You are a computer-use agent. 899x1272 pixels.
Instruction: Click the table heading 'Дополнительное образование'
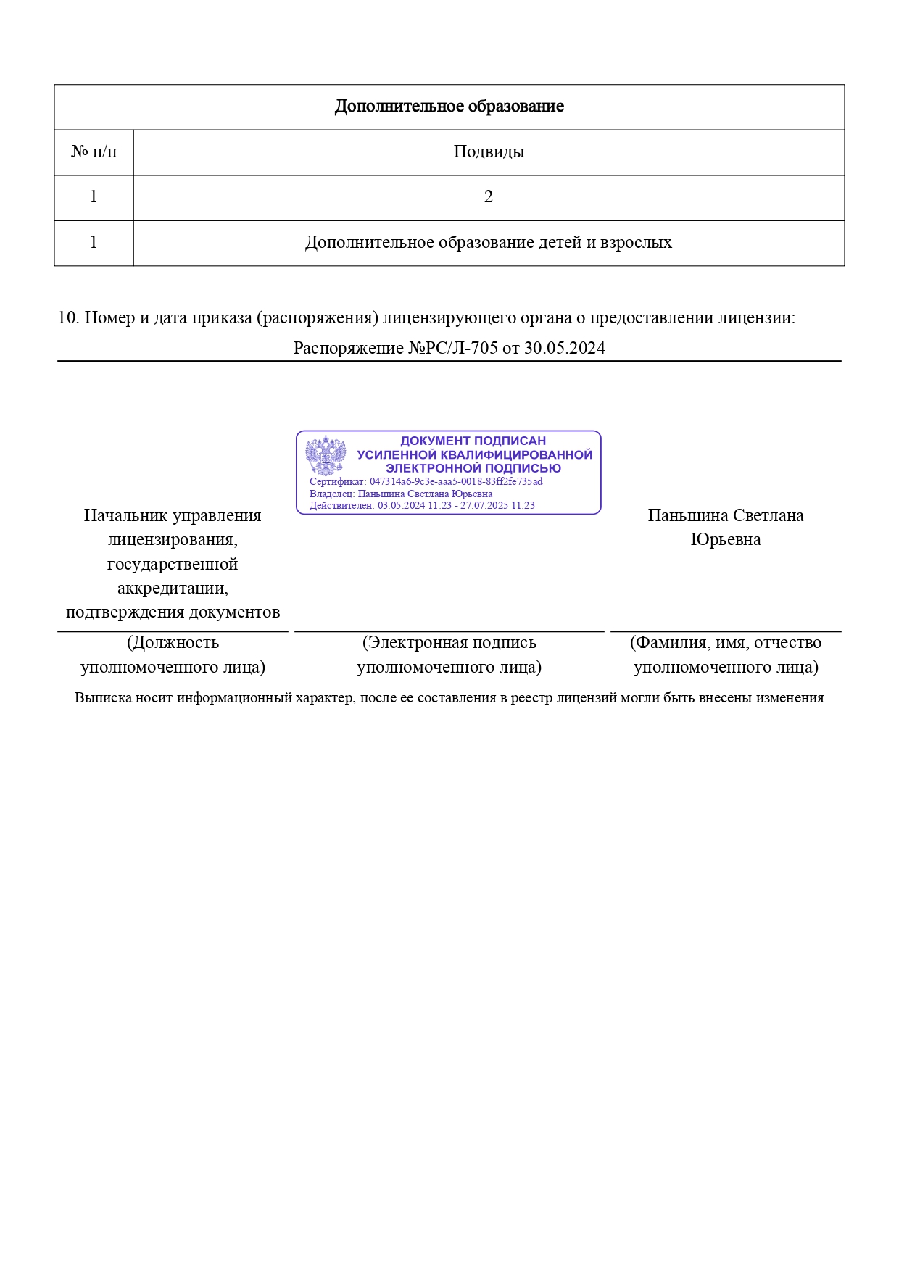pyautogui.click(x=449, y=107)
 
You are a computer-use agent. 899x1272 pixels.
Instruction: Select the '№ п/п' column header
pyautogui.click(x=94, y=152)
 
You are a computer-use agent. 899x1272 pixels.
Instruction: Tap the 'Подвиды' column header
pyautogui.click(x=489, y=152)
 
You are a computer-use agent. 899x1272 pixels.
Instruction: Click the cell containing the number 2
pyautogui.click(x=489, y=197)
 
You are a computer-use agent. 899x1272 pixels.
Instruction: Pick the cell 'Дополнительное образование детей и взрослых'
pyautogui.click(x=489, y=243)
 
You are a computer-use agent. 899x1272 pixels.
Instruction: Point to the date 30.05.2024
pyautogui.click(x=565, y=348)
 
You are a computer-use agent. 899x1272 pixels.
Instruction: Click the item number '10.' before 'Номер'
pyautogui.click(x=68, y=317)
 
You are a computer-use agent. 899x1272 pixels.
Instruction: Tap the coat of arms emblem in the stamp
pyautogui.click(x=326, y=457)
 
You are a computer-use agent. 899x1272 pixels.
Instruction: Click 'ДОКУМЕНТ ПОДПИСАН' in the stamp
pyautogui.click(x=473, y=441)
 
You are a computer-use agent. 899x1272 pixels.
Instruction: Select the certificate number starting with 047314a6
pyautogui.click(x=456, y=481)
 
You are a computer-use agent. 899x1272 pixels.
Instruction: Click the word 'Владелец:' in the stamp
pyautogui.click(x=332, y=494)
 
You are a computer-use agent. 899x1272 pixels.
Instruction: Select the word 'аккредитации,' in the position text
pyautogui.click(x=173, y=588)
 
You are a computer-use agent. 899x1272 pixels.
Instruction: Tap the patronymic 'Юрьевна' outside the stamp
pyautogui.click(x=725, y=540)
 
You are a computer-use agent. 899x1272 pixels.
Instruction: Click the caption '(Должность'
pyautogui.click(x=173, y=643)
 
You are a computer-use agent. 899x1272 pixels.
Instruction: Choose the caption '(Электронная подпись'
pyautogui.click(x=449, y=643)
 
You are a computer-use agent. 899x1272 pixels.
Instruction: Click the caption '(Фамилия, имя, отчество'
pyautogui.click(x=725, y=643)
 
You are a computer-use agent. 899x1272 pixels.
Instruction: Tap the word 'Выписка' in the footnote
pyautogui.click(x=102, y=698)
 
